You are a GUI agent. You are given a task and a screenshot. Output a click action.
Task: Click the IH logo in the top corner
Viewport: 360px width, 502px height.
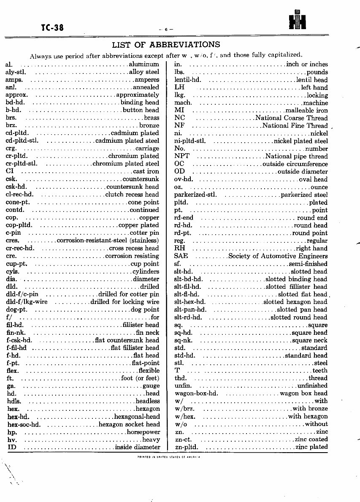(x=297, y=20)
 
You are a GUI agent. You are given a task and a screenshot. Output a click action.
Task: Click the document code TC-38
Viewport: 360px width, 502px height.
(x=52, y=28)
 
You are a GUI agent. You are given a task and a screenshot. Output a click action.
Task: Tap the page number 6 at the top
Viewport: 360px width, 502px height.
(x=166, y=29)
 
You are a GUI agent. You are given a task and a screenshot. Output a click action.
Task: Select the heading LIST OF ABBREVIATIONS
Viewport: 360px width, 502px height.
(x=166, y=45)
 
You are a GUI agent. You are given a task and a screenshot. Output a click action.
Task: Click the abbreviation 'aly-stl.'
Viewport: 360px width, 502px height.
(x=16, y=72)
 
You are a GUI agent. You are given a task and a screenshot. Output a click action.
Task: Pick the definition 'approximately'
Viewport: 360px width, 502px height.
(x=138, y=95)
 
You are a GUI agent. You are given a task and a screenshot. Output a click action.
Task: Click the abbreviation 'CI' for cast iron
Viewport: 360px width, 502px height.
(x=10, y=171)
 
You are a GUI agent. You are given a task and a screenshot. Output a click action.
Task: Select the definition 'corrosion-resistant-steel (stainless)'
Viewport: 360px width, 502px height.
(x=108, y=241)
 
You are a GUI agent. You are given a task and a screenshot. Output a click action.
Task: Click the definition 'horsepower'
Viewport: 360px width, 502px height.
(x=143, y=432)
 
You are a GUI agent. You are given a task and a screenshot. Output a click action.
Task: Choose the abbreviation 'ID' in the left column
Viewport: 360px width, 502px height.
(x=11, y=447)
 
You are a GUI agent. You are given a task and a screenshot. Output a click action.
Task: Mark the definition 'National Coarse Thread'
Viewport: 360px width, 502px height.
(x=291, y=118)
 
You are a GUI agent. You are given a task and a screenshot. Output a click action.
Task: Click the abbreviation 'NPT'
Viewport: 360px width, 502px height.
(x=181, y=156)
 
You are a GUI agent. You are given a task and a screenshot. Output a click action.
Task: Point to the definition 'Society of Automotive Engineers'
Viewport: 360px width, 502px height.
(x=278, y=256)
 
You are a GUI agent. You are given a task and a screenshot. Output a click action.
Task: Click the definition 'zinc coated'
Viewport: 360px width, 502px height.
(x=311, y=440)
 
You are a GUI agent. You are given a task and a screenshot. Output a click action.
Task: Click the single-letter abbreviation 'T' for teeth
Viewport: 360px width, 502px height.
(x=177, y=370)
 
